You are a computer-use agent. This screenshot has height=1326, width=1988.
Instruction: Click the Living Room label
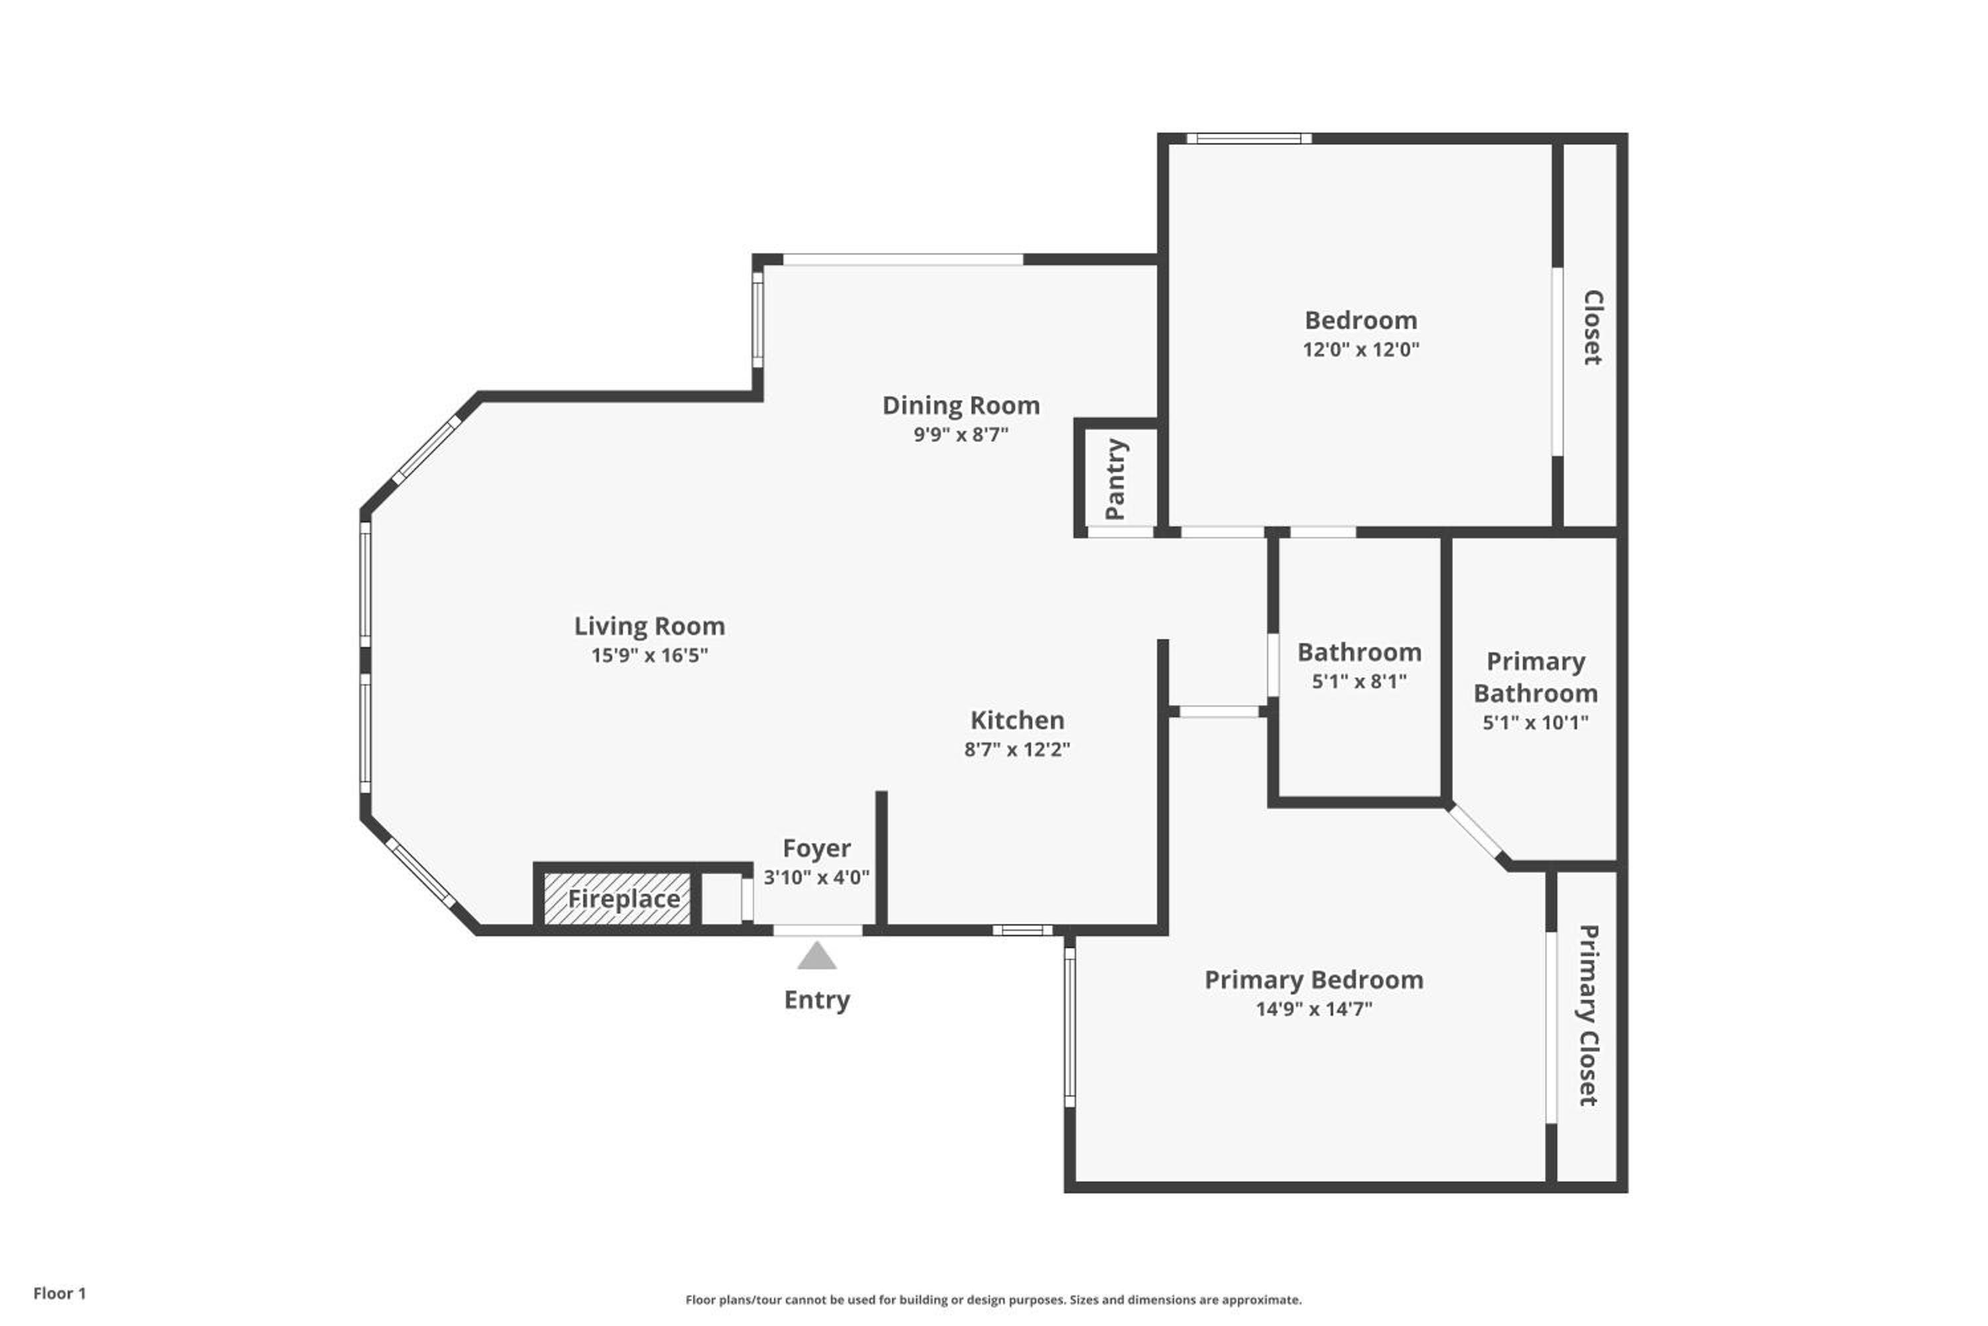(649, 626)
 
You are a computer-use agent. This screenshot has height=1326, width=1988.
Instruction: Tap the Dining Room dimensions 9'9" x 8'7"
(961, 434)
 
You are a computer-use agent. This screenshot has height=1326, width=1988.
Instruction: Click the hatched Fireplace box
(617, 899)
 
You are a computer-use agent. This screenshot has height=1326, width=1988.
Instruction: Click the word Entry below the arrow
(816, 1000)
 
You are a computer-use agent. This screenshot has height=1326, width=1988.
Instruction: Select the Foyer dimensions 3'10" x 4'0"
(816, 877)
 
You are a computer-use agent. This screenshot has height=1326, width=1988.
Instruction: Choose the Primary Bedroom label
(1313, 980)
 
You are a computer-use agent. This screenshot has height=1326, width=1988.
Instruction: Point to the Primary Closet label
(1588, 1015)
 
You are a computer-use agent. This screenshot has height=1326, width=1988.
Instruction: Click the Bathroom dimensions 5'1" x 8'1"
(1359, 681)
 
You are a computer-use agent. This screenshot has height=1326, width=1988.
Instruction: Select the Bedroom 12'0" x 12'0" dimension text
(1361, 349)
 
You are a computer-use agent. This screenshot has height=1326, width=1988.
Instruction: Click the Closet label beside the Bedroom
(1592, 328)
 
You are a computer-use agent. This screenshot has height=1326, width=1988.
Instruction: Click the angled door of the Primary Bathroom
(1475, 832)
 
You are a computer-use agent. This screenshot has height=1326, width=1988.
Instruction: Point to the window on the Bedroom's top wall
(1248, 138)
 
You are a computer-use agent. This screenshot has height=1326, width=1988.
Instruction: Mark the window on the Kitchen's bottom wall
(1022, 930)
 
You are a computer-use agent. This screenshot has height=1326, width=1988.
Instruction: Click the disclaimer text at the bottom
(993, 1299)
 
